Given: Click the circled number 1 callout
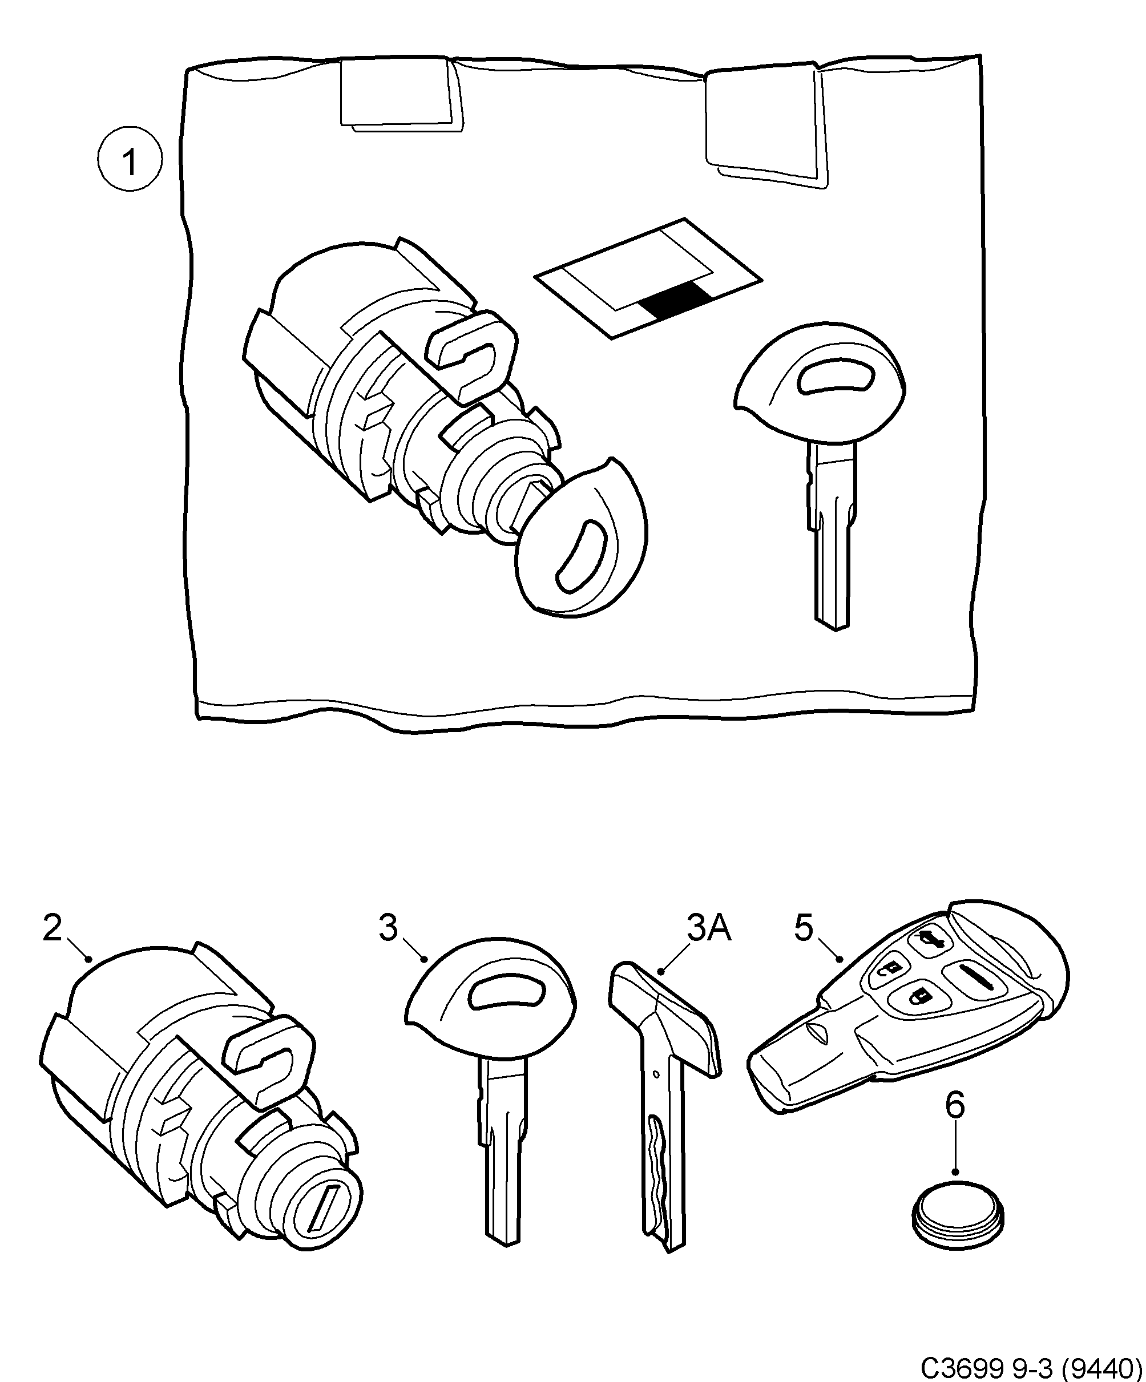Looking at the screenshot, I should (130, 160).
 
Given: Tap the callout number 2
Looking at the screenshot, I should (53, 928).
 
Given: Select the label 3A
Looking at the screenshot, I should (709, 928).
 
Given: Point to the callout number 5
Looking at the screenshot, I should (804, 928).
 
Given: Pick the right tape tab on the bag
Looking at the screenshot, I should (764, 122).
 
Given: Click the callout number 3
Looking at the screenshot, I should (388, 928).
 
